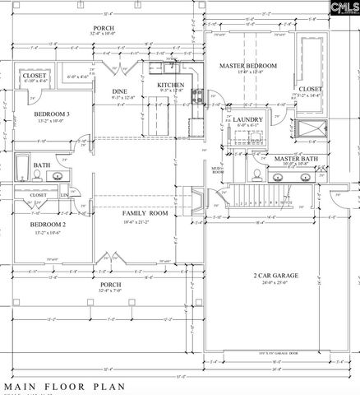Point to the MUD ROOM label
[x=217, y=170]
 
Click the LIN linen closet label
[x=63, y=194]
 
